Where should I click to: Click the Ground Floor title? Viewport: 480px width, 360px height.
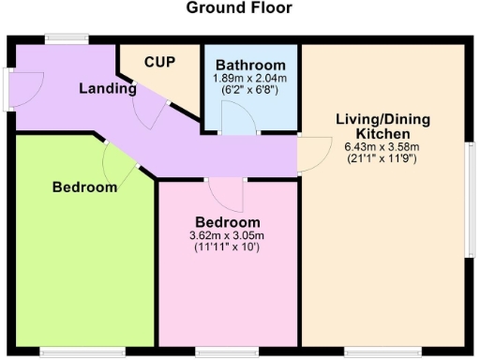point(239,8)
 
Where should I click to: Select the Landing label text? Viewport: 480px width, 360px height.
point(107,89)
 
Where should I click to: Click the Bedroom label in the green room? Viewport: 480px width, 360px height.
point(84,187)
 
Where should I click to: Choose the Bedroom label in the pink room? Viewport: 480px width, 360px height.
point(227,222)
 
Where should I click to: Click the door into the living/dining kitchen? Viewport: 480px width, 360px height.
point(313,153)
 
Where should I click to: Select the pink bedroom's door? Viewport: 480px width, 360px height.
point(226,192)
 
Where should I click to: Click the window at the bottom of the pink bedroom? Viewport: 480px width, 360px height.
point(228,352)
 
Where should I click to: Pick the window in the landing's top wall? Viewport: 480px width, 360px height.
point(67,39)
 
